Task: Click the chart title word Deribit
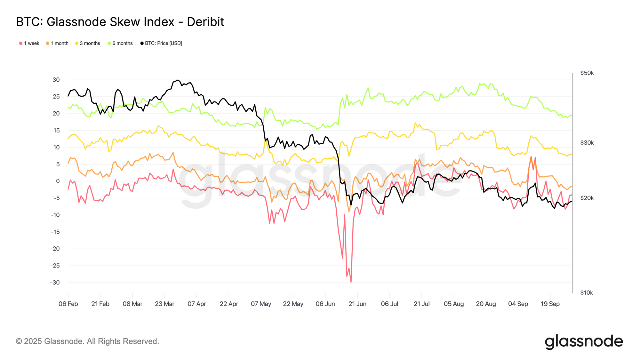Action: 205,22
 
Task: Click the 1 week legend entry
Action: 29,43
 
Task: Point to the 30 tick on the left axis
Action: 56,80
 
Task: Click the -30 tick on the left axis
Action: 55,283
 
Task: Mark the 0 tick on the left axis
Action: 58,181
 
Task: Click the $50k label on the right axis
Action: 587,73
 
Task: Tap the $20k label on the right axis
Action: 587,198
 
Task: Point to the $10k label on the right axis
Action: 587,293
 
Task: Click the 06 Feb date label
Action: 68,304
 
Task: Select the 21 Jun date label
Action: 357,304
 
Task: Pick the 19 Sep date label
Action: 550,304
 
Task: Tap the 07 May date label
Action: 261,304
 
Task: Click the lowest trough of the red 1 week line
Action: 351,282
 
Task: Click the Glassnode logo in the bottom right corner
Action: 584,341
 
